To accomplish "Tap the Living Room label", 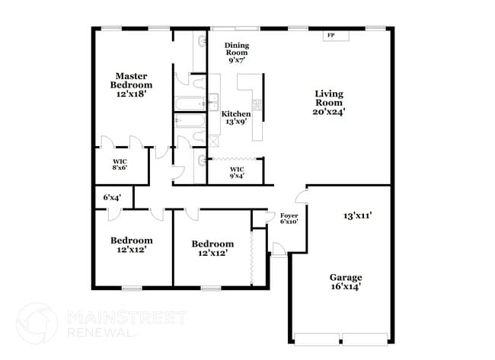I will pos(329,98).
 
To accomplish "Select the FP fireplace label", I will pos(331,36).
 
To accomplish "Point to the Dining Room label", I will pos(237,49).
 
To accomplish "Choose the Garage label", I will pos(345,277).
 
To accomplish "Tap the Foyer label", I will pos(289,216).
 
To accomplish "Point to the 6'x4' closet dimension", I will pos(111,197).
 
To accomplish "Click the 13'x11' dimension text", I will pos(356,215).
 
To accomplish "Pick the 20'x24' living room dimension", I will pos(329,111).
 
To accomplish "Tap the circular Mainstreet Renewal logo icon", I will pos(37,323).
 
